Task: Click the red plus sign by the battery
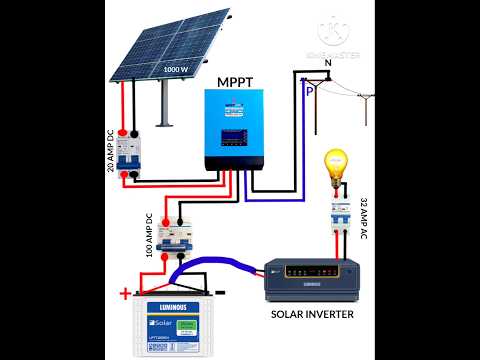[125, 293]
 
